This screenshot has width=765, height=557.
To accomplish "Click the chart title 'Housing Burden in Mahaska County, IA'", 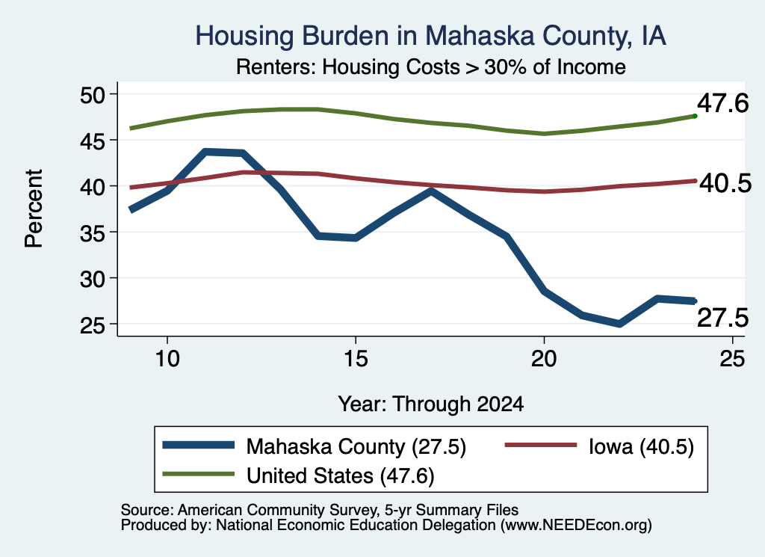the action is (x=430, y=36).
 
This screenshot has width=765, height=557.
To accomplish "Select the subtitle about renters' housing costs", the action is (x=431, y=67).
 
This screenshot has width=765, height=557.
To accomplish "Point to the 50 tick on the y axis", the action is (x=92, y=94).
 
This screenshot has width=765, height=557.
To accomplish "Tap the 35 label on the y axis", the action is (x=92, y=233).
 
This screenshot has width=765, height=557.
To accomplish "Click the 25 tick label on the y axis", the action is (x=92, y=324).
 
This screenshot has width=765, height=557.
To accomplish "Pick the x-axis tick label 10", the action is (x=167, y=360).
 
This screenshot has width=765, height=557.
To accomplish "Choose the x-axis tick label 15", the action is (x=356, y=360).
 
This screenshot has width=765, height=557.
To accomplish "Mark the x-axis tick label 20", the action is (x=544, y=360).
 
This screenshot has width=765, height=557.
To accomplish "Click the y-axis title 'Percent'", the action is (x=34, y=209).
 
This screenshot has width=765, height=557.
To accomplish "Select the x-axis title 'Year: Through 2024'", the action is (x=431, y=404).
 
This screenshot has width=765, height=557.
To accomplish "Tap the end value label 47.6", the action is (x=722, y=103).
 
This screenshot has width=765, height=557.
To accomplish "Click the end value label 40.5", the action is (x=725, y=184).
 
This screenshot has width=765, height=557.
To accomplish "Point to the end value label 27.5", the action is (x=722, y=318).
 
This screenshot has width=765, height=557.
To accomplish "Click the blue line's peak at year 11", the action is (x=205, y=153).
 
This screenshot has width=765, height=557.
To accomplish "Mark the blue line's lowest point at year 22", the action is (x=619, y=324).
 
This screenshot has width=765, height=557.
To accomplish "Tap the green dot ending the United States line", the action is (x=695, y=116).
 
